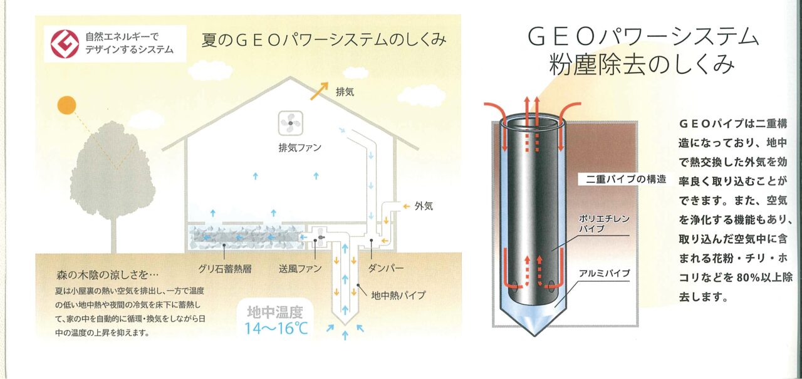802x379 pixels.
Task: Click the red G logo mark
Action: click(65, 44)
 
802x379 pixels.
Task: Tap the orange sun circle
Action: click(67, 105)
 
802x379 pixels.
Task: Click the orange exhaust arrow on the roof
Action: click(319, 91)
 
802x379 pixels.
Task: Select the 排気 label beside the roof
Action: click(345, 92)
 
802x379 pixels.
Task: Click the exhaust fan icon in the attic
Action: click(291, 123)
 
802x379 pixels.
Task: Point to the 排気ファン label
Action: click(299, 147)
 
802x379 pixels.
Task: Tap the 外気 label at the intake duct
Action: click(424, 206)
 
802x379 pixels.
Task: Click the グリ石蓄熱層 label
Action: click(224, 269)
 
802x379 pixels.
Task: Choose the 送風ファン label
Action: click(300, 269)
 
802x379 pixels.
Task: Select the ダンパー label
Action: click(385, 268)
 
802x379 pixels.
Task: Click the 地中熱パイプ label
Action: click(398, 295)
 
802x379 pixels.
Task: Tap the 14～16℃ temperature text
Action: click(276, 328)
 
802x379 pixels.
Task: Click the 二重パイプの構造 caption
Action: click(625, 179)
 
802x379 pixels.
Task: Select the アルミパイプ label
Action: click(605, 273)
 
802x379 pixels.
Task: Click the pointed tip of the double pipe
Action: click(534, 336)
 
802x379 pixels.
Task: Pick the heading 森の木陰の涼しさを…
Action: click(107, 275)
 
